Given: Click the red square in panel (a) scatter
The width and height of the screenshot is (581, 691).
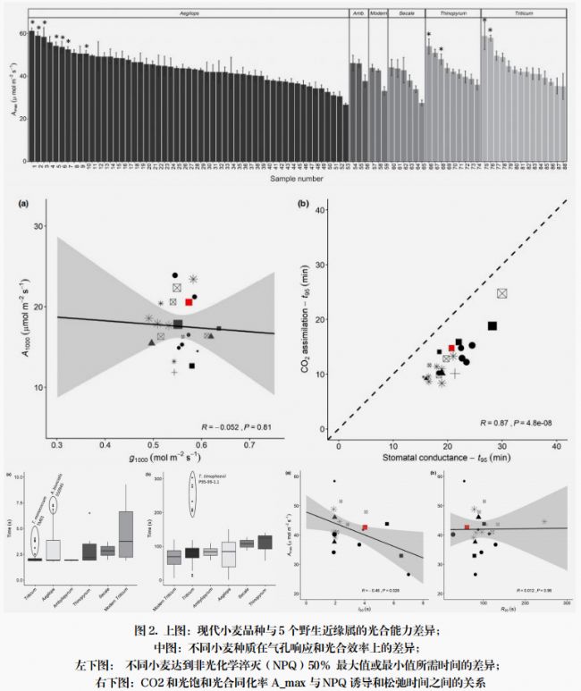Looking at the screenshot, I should pyautogui.click(x=189, y=302).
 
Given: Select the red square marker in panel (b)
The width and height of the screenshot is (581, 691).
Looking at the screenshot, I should pyautogui.click(x=452, y=348).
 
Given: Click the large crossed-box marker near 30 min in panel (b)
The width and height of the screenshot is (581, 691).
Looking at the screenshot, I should pyautogui.click(x=502, y=293).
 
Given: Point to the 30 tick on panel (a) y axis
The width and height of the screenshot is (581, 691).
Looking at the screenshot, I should pyautogui.click(x=38, y=226).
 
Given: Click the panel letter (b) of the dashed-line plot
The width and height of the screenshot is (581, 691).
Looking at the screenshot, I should pyautogui.click(x=305, y=205).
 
